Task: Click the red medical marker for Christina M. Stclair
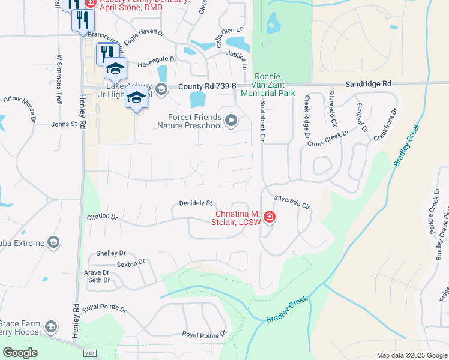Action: click(270, 217)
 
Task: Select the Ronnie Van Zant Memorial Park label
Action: click(267, 85)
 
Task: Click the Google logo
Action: click(20, 353)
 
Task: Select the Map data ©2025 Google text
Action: click(411, 355)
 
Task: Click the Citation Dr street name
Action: click(102, 217)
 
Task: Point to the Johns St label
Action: click(64, 124)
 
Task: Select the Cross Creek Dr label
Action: click(328, 139)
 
